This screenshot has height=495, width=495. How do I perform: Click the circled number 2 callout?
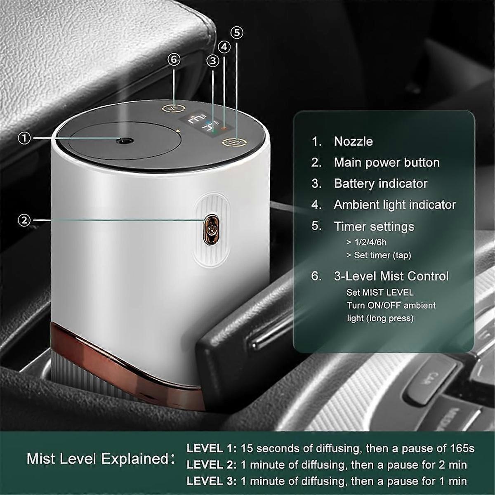(x=25, y=220)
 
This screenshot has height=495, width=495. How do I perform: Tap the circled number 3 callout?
(x=213, y=61)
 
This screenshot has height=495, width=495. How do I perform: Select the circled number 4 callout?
(x=224, y=47)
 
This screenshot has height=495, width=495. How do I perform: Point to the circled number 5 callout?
(x=237, y=32)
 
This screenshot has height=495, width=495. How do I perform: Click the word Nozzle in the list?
(x=353, y=141)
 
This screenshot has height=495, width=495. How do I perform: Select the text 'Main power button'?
(x=387, y=163)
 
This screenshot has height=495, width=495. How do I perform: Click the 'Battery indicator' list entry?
(x=380, y=184)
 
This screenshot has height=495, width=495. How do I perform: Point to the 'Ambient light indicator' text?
(x=395, y=205)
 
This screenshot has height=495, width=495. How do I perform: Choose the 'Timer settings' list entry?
(x=374, y=226)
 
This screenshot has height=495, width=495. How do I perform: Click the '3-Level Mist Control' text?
(x=391, y=276)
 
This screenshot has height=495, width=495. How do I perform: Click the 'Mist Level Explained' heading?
(x=97, y=459)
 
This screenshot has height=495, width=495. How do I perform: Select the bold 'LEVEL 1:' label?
(x=212, y=448)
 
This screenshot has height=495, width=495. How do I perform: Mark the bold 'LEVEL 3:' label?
(x=212, y=481)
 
